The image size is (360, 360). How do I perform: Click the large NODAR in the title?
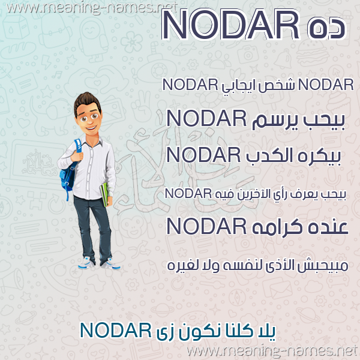[230, 25]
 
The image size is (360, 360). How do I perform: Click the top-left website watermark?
[92, 7]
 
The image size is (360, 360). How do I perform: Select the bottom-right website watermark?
[272, 351]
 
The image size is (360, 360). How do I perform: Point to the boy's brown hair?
[87, 101]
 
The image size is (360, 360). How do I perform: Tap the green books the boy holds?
[104, 194]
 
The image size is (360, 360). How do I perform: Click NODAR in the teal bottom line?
[116, 330]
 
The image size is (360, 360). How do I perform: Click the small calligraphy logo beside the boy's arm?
[38, 163]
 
